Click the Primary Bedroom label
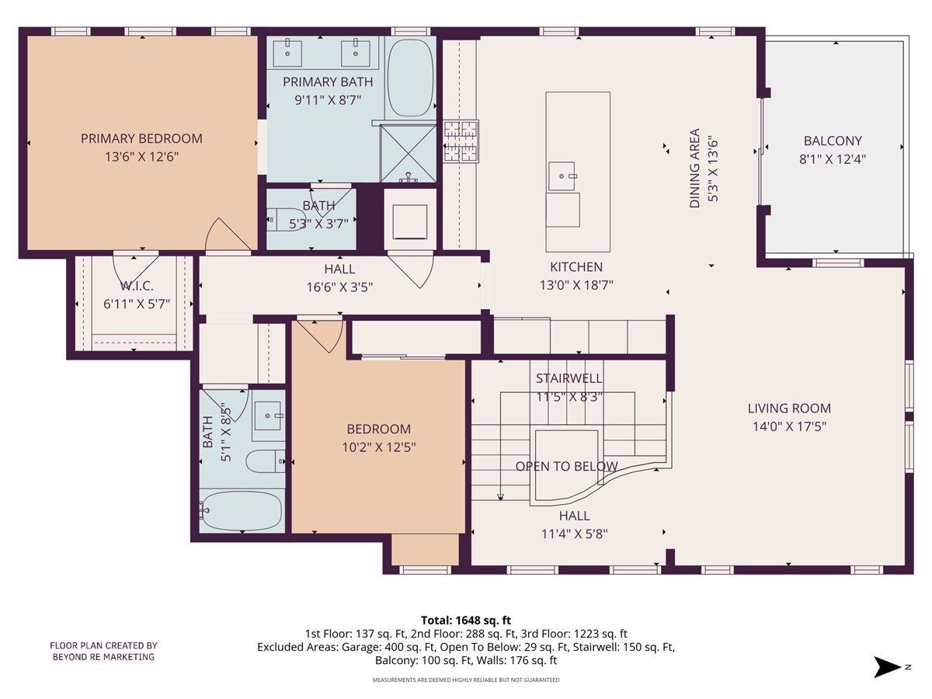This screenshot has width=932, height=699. [x=141, y=139]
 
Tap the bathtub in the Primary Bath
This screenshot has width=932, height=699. [x=410, y=78]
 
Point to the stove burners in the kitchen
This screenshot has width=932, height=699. [x=461, y=141]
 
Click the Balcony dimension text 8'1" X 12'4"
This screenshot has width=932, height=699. [x=833, y=158]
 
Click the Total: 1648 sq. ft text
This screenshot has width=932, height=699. [x=466, y=620]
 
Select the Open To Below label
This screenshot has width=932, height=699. [x=566, y=467]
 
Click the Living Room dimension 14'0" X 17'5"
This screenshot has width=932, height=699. [x=789, y=426]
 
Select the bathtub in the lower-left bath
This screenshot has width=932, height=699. [x=241, y=510]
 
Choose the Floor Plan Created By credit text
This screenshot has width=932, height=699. [x=104, y=651]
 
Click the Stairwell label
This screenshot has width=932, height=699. [x=569, y=378]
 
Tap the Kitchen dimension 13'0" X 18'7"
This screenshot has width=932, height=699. [x=576, y=285]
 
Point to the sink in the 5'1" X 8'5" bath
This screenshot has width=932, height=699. [x=269, y=415]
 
